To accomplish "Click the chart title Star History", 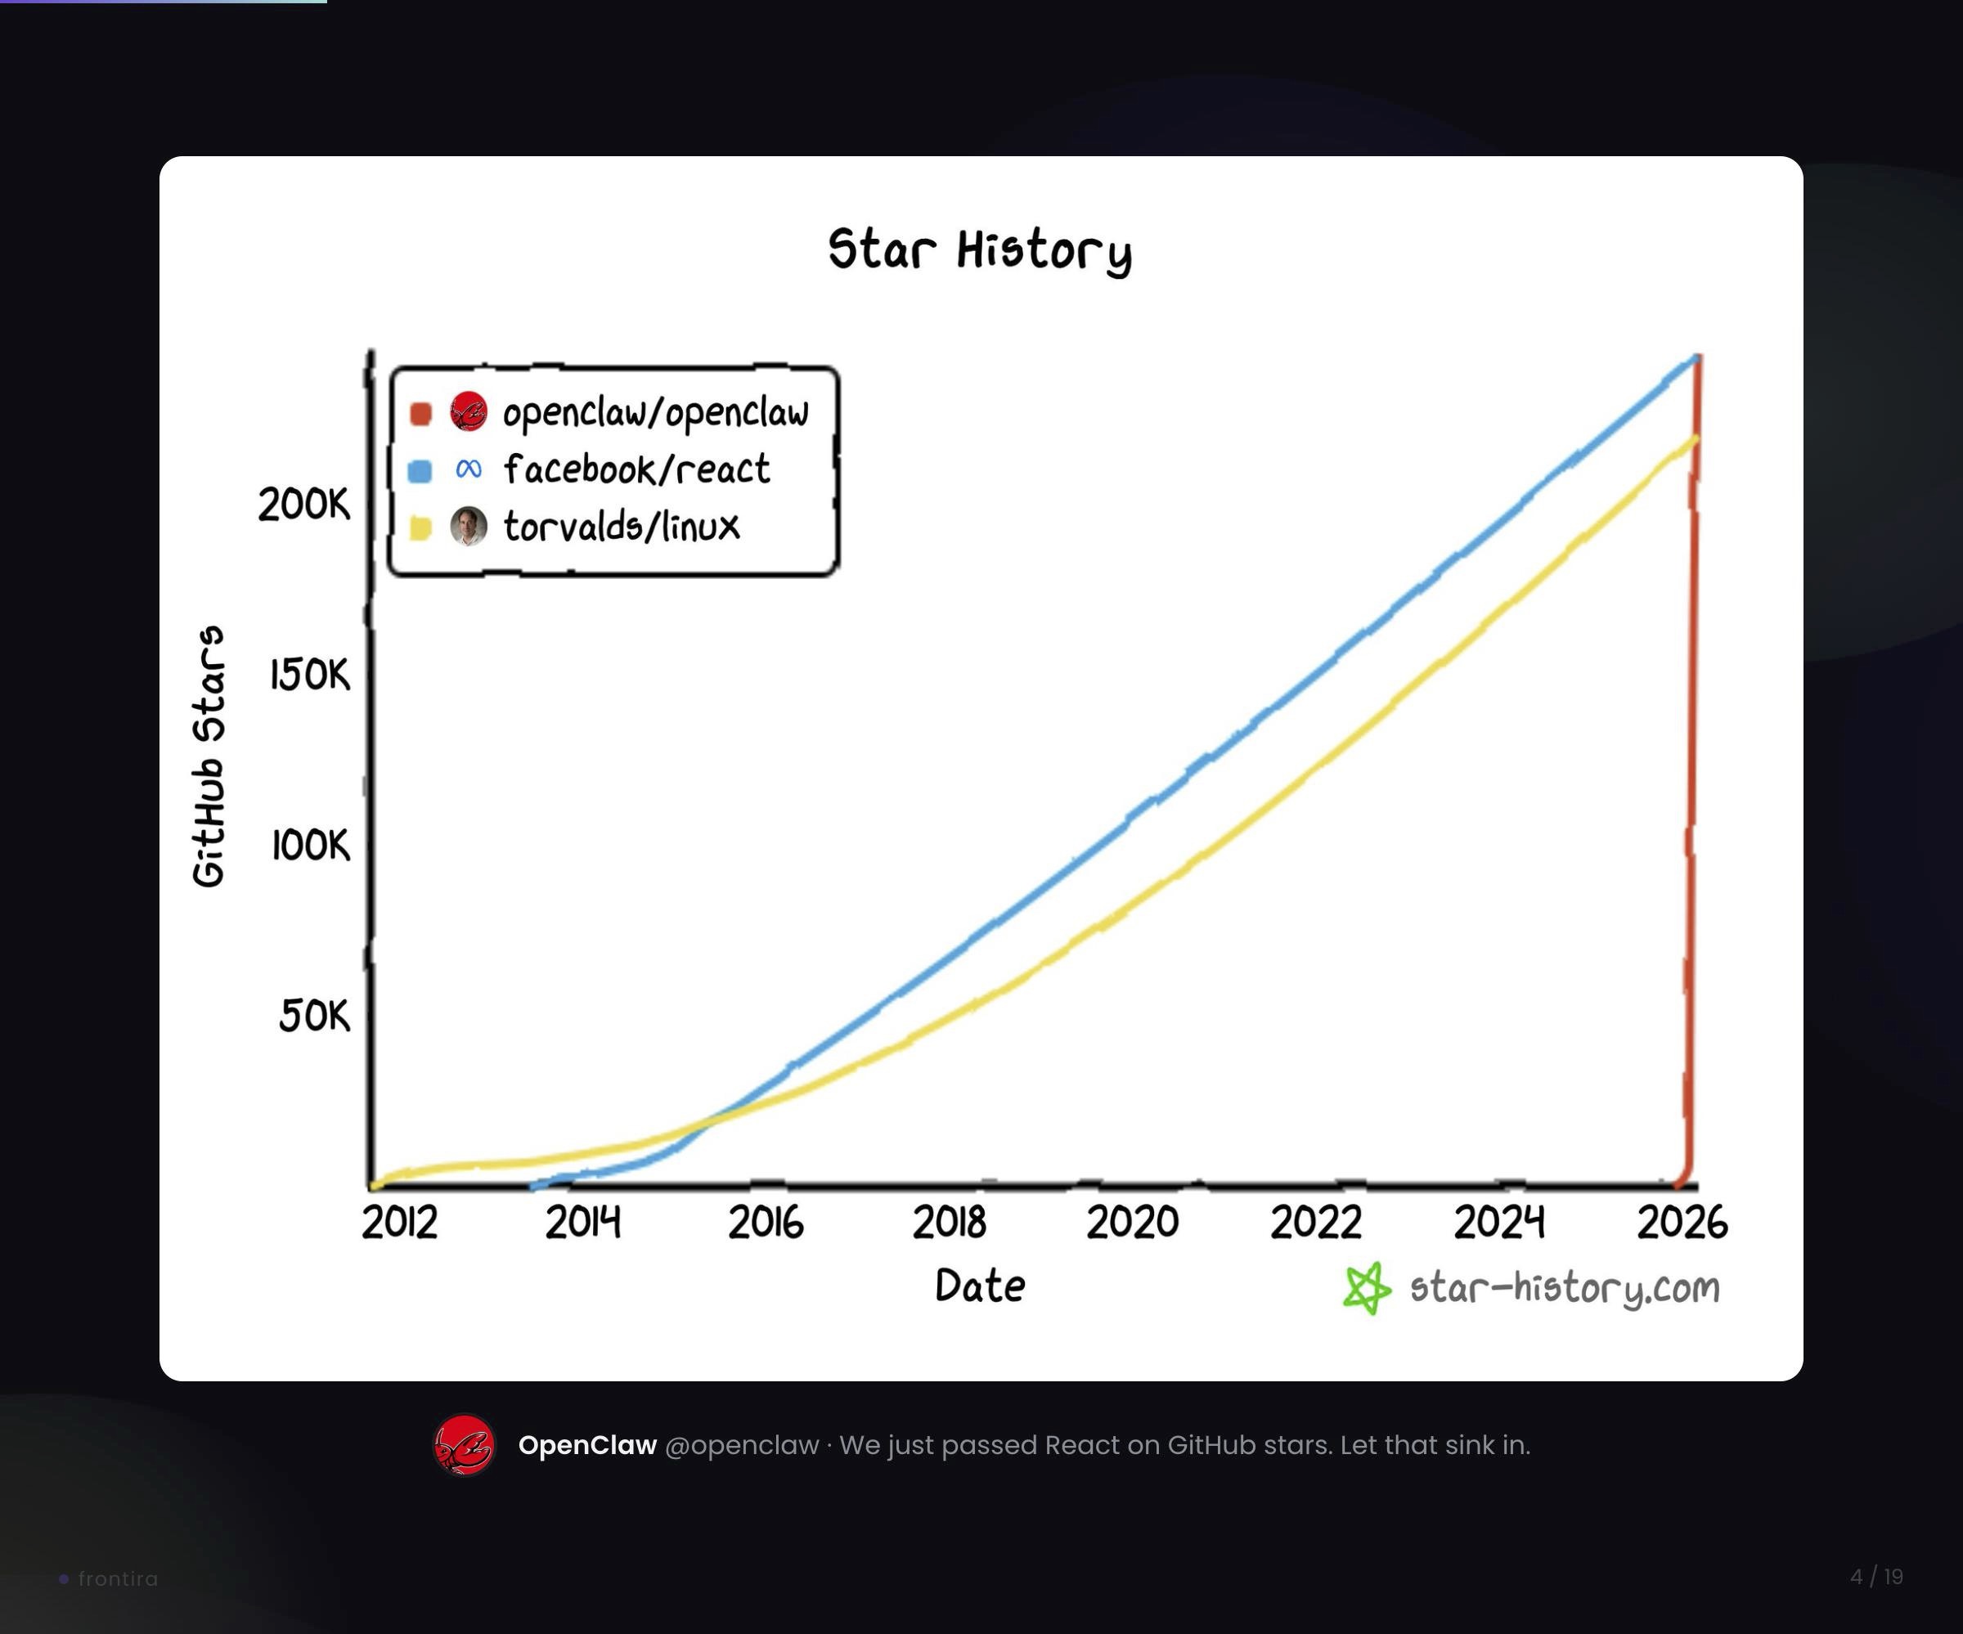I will point(980,250).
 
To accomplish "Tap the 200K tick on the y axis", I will point(303,505).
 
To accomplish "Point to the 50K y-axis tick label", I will point(314,1015).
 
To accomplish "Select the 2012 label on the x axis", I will point(399,1223).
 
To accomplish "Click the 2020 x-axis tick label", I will point(1132,1223).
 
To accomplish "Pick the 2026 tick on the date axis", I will point(1682,1223).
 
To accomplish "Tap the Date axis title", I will point(980,1286).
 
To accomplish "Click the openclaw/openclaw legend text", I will point(655,412).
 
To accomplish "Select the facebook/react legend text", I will point(636,469).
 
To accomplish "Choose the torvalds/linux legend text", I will point(622,527).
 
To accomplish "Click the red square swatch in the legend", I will point(420,413).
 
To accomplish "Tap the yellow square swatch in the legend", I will point(420,528).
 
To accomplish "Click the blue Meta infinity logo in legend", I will point(469,469).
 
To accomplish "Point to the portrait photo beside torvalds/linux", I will point(469,527).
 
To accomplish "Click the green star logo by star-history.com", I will point(1367,1288).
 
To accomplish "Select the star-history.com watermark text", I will point(1564,1288).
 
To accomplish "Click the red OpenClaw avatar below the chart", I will point(464,1445).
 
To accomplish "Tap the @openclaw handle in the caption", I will point(741,1445).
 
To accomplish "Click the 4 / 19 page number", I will point(1876,1577).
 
